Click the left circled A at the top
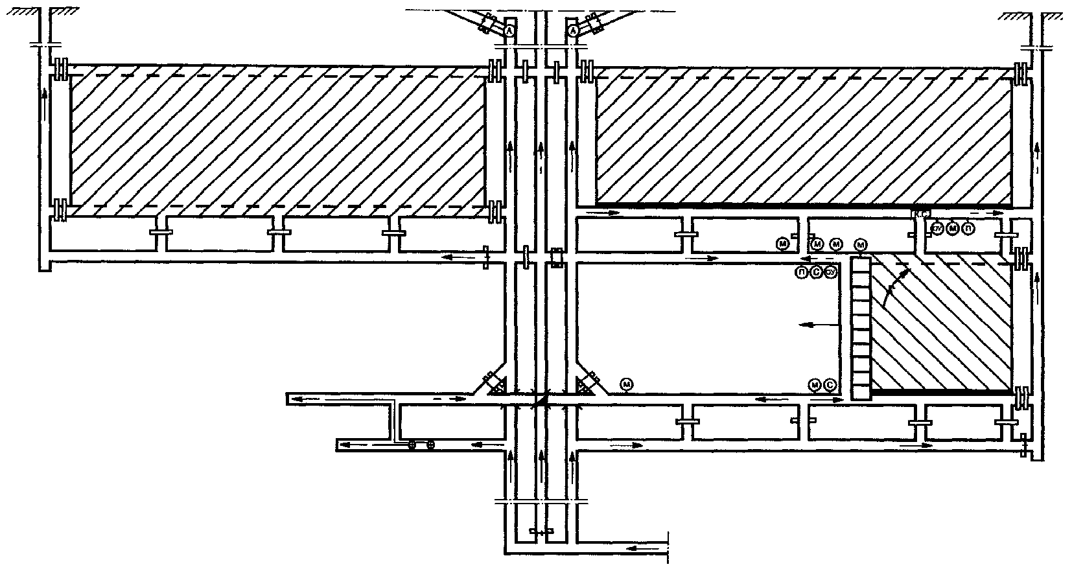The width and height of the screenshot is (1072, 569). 510,30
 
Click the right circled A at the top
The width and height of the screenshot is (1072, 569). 573,30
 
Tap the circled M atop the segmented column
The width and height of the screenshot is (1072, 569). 861,244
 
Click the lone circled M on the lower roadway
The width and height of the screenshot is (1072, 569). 627,384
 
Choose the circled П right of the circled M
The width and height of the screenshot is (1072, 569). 968,228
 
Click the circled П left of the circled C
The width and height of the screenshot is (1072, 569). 802,273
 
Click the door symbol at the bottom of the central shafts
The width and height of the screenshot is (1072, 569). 540,531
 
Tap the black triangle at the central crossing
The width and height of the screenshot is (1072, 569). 541,401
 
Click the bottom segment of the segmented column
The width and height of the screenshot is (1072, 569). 860,391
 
